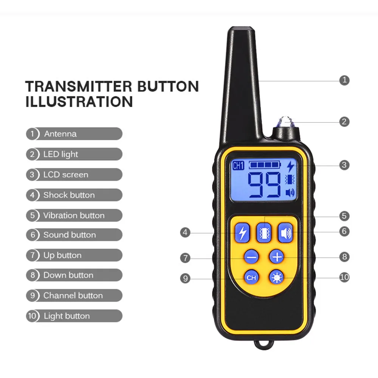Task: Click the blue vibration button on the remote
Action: tap(264, 232)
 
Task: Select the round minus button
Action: tap(251, 257)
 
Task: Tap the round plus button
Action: tap(277, 257)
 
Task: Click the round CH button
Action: tap(251, 278)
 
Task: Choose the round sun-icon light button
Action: tap(276, 278)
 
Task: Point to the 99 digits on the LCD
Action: tap(264, 185)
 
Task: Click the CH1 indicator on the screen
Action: tap(238, 166)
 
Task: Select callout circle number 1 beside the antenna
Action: tap(344, 80)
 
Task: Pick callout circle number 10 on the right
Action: tap(344, 277)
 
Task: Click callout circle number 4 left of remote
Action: tap(185, 232)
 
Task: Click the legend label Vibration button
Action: tap(74, 215)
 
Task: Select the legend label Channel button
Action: tap(73, 296)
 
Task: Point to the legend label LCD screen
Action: tap(66, 175)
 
